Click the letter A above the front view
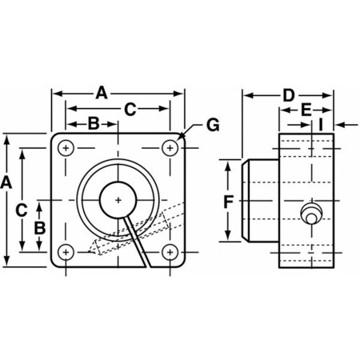point(102,94)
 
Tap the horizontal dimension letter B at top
point(92,123)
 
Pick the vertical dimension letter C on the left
point(23,210)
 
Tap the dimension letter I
point(320,125)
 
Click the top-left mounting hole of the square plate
point(66,149)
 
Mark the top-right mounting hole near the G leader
point(170,149)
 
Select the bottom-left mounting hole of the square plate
point(66,252)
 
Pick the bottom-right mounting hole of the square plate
point(170,252)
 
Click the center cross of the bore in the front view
point(118,200)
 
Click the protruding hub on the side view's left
point(258,200)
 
